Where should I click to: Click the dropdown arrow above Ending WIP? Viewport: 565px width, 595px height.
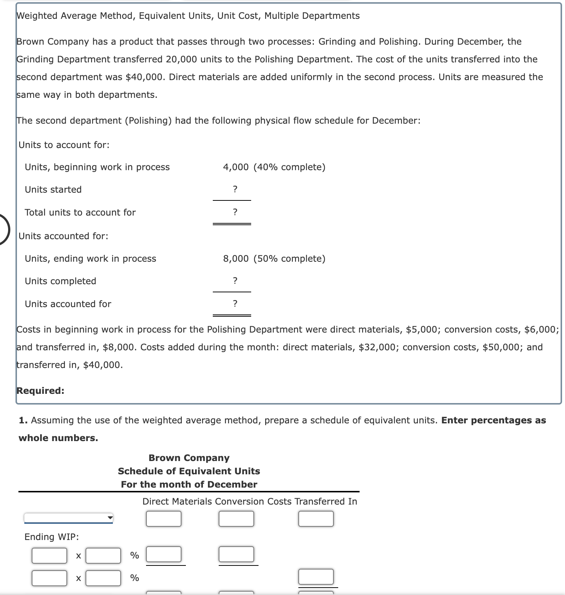(110, 518)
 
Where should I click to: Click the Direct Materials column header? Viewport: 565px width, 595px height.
(177, 501)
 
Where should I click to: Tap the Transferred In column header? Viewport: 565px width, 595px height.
(326, 501)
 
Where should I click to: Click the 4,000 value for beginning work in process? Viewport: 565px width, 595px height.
(236, 167)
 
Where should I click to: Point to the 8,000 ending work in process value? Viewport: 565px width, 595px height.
(236, 259)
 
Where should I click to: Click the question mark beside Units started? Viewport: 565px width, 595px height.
(235, 189)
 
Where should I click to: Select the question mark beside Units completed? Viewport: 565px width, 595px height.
(235, 281)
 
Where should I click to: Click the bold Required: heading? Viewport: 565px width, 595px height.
(41, 391)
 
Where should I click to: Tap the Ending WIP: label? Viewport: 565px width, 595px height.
(52, 537)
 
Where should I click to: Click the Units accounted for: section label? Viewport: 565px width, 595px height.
(63, 236)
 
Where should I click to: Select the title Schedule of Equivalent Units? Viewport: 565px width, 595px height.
(189, 471)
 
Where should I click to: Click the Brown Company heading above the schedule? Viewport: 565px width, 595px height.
(189, 458)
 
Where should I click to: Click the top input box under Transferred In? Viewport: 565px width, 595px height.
(316, 519)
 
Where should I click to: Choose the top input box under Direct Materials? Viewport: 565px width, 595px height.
(163, 519)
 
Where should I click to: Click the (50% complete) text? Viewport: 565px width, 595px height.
(290, 259)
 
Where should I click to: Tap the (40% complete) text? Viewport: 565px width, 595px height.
(290, 167)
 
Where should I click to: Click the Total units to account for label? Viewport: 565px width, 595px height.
(80, 213)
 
